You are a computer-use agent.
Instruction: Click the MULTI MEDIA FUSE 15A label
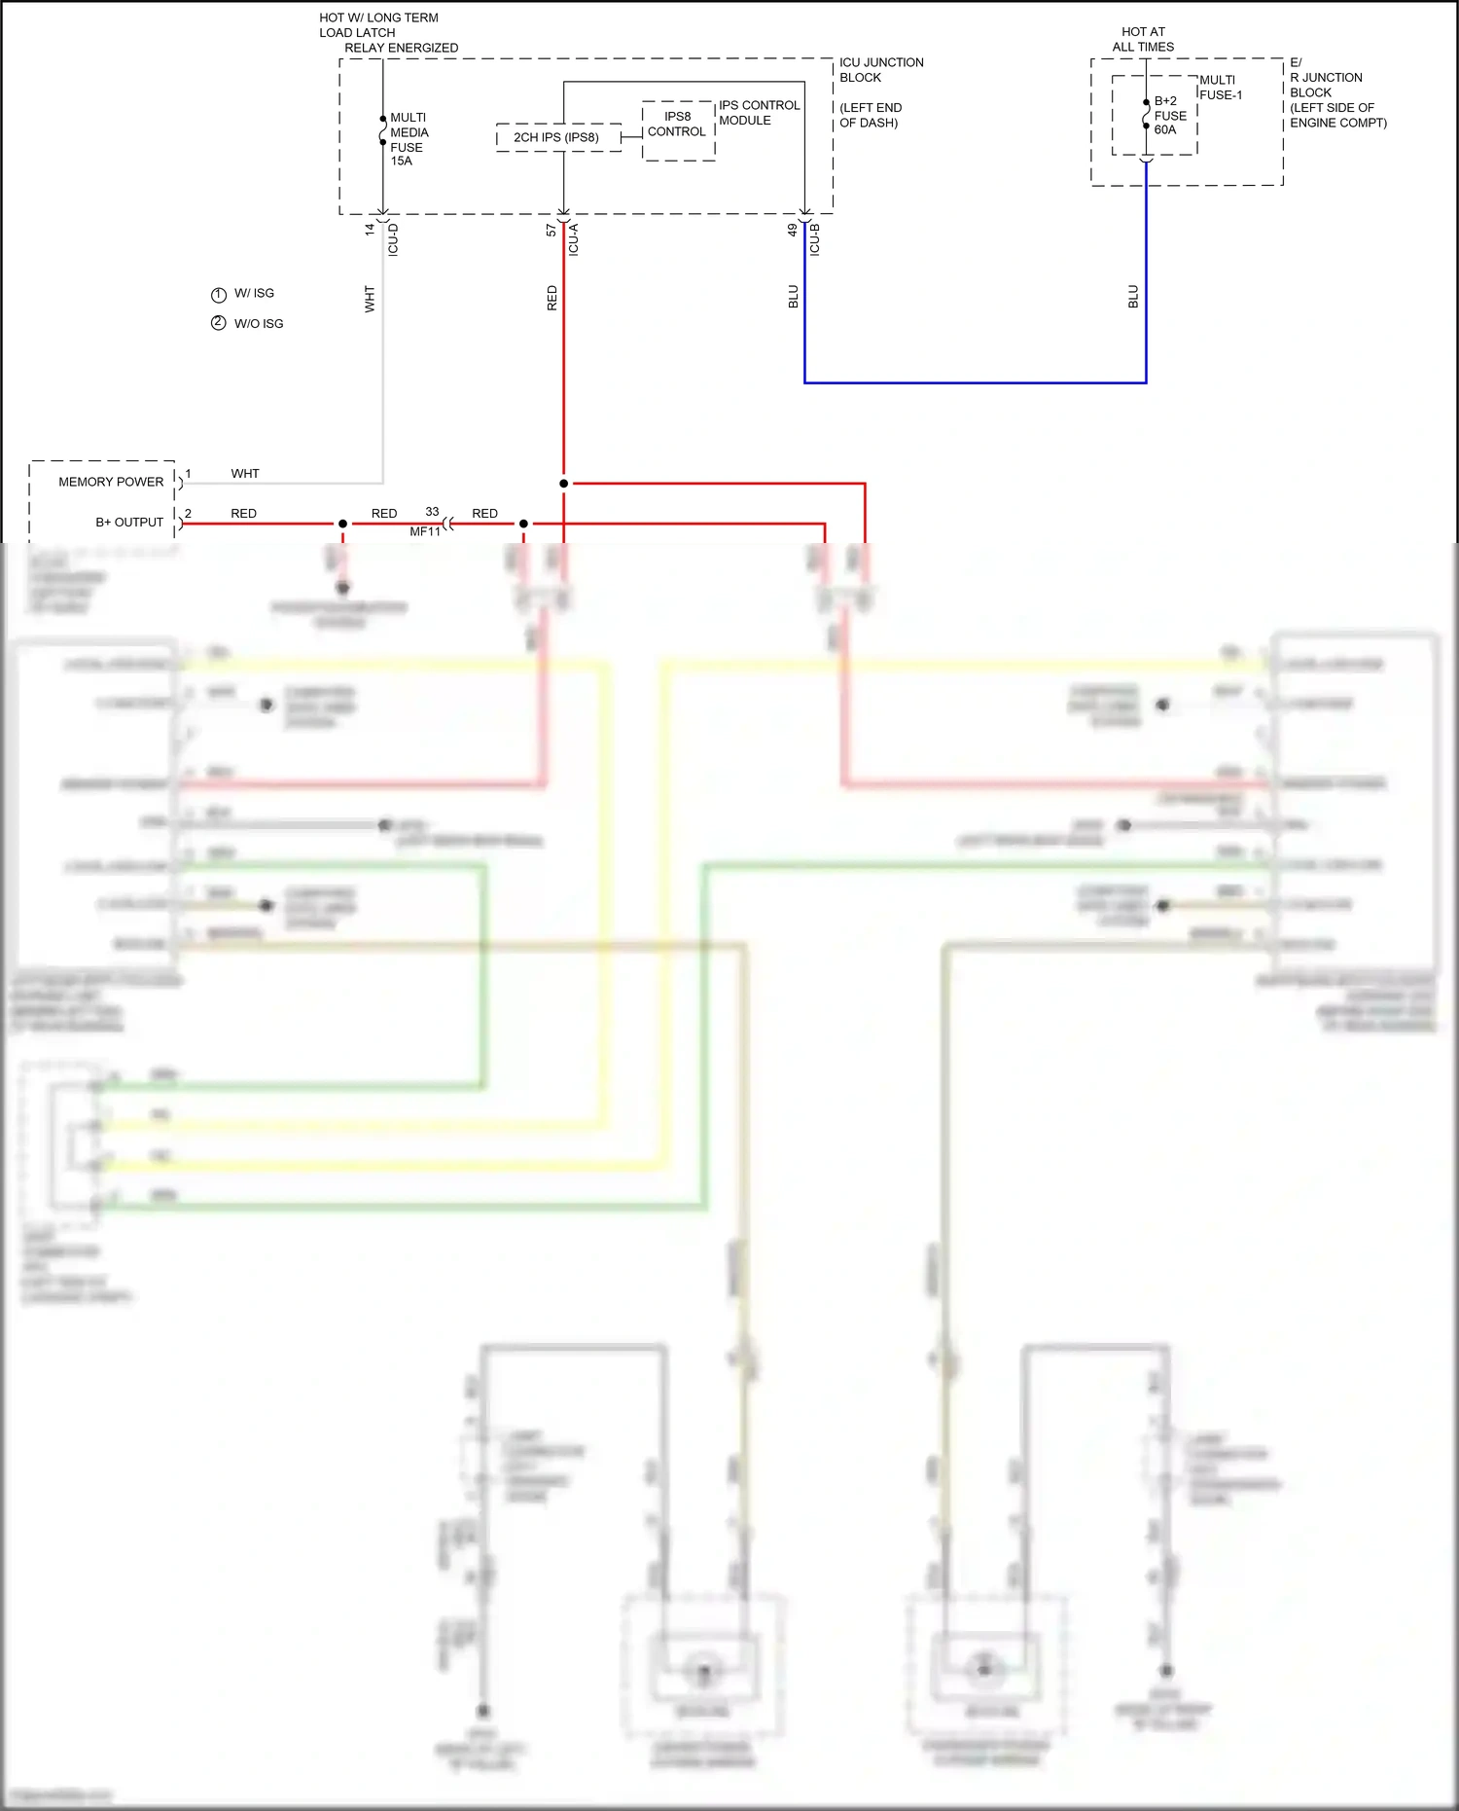coord(409,139)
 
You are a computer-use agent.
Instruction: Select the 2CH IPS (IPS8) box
coord(557,137)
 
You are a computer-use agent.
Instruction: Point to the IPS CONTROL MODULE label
coord(759,113)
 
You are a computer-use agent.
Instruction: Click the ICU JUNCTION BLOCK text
coord(881,70)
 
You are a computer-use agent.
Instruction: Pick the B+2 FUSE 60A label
coord(1170,115)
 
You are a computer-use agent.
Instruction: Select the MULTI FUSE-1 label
coord(1221,88)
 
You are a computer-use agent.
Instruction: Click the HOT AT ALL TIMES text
coord(1143,39)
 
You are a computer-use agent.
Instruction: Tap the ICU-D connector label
coord(393,239)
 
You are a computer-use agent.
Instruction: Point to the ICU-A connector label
coord(574,239)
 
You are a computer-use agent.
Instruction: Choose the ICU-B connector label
coord(815,239)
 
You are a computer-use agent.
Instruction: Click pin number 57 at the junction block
coord(552,231)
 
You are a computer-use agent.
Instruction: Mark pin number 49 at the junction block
coord(793,231)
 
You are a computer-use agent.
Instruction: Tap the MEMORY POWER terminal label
coord(111,482)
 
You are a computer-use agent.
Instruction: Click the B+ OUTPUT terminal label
coord(129,523)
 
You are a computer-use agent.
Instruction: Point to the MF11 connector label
coord(425,531)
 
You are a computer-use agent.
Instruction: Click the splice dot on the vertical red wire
coord(564,483)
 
